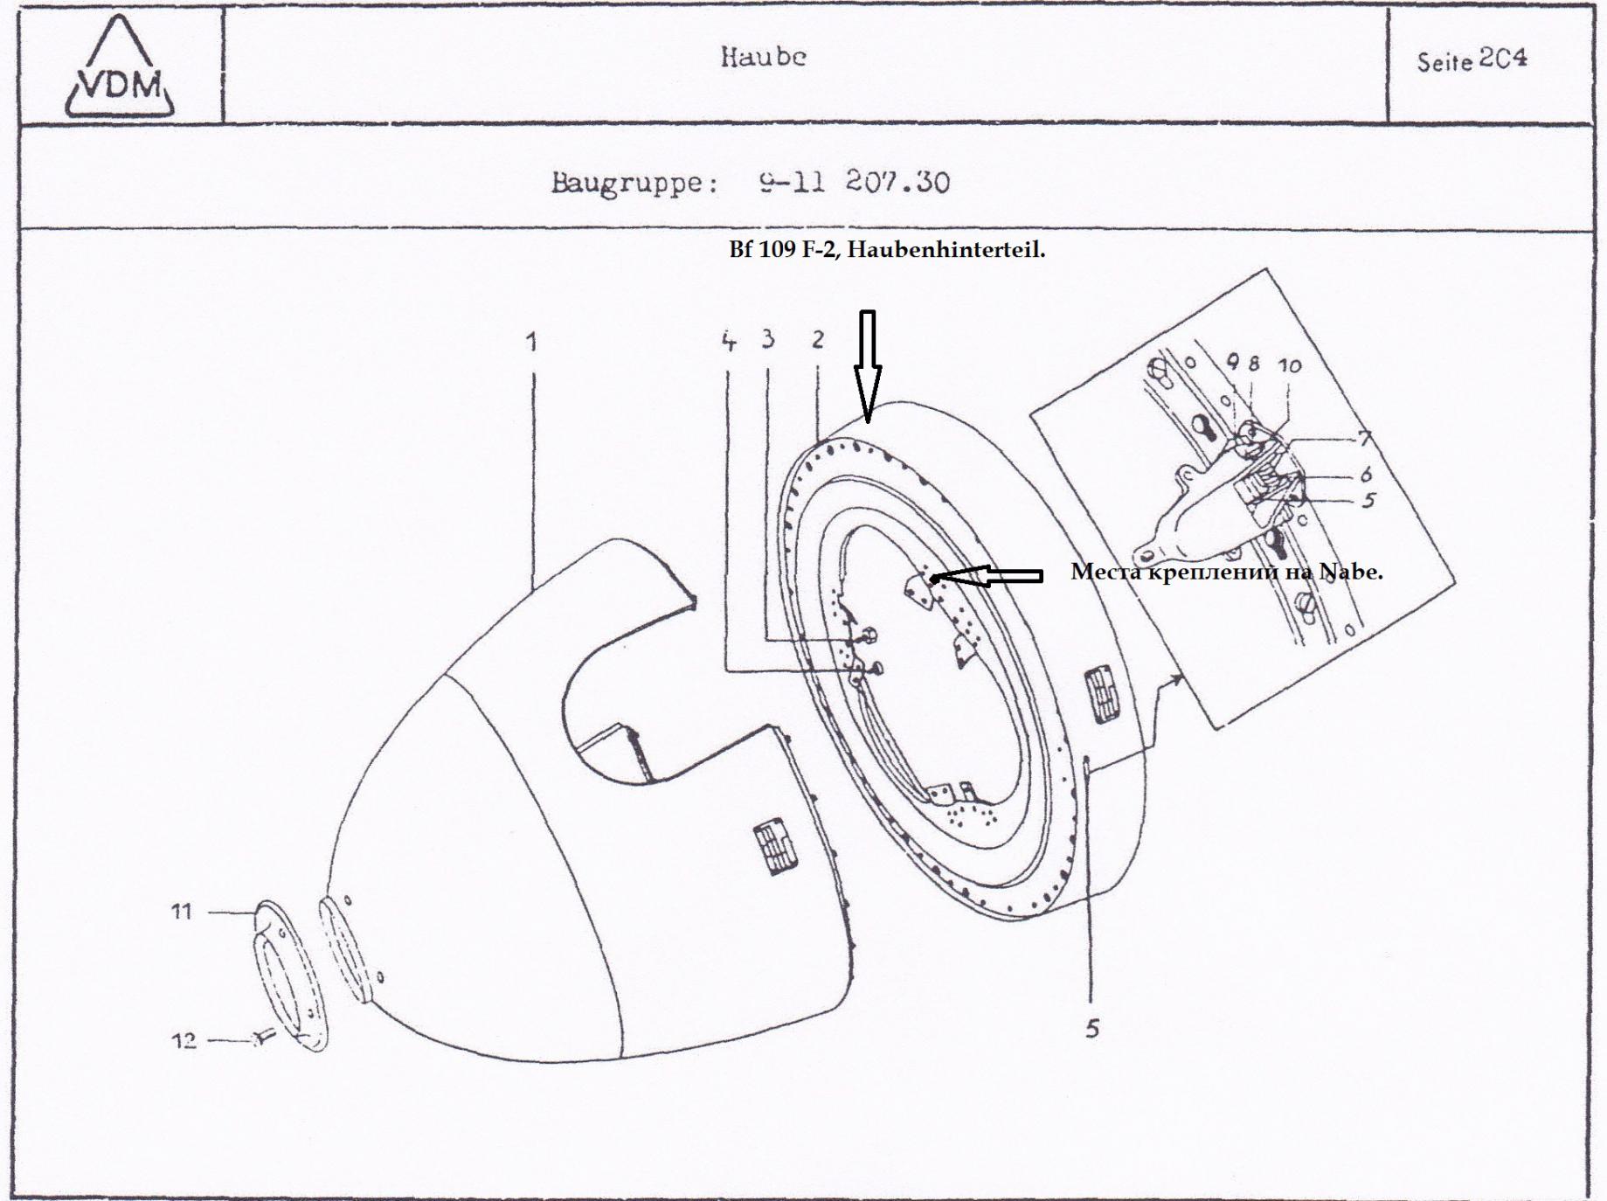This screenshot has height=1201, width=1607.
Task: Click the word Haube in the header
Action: click(x=763, y=57)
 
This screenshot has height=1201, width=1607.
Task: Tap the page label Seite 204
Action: click(x=1472, y=60)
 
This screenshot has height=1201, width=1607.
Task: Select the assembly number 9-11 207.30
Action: click(x=854, y=183)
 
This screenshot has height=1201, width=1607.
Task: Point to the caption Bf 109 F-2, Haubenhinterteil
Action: click(x=887, y=250)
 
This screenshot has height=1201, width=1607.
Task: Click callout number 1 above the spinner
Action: click(x=531, y=342)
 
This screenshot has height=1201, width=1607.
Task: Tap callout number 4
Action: click(x=729, y=341)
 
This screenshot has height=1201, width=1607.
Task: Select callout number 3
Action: click(x=767, y=339)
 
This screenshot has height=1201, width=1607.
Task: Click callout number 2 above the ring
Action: click(x=817, y=339)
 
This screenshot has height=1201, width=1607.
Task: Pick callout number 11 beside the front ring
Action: click(x=181, y=912)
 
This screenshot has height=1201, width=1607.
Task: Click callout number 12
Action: click(x=184, y=1040)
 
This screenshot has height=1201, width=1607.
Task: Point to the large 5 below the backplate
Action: click(x=1091, y=1029)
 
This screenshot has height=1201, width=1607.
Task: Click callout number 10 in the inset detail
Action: click(x=1290, y=365)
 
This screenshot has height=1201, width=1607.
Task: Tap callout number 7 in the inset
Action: click(x=1363, y=437)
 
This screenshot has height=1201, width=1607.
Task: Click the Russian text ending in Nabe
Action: click(x=1226, y=573)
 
